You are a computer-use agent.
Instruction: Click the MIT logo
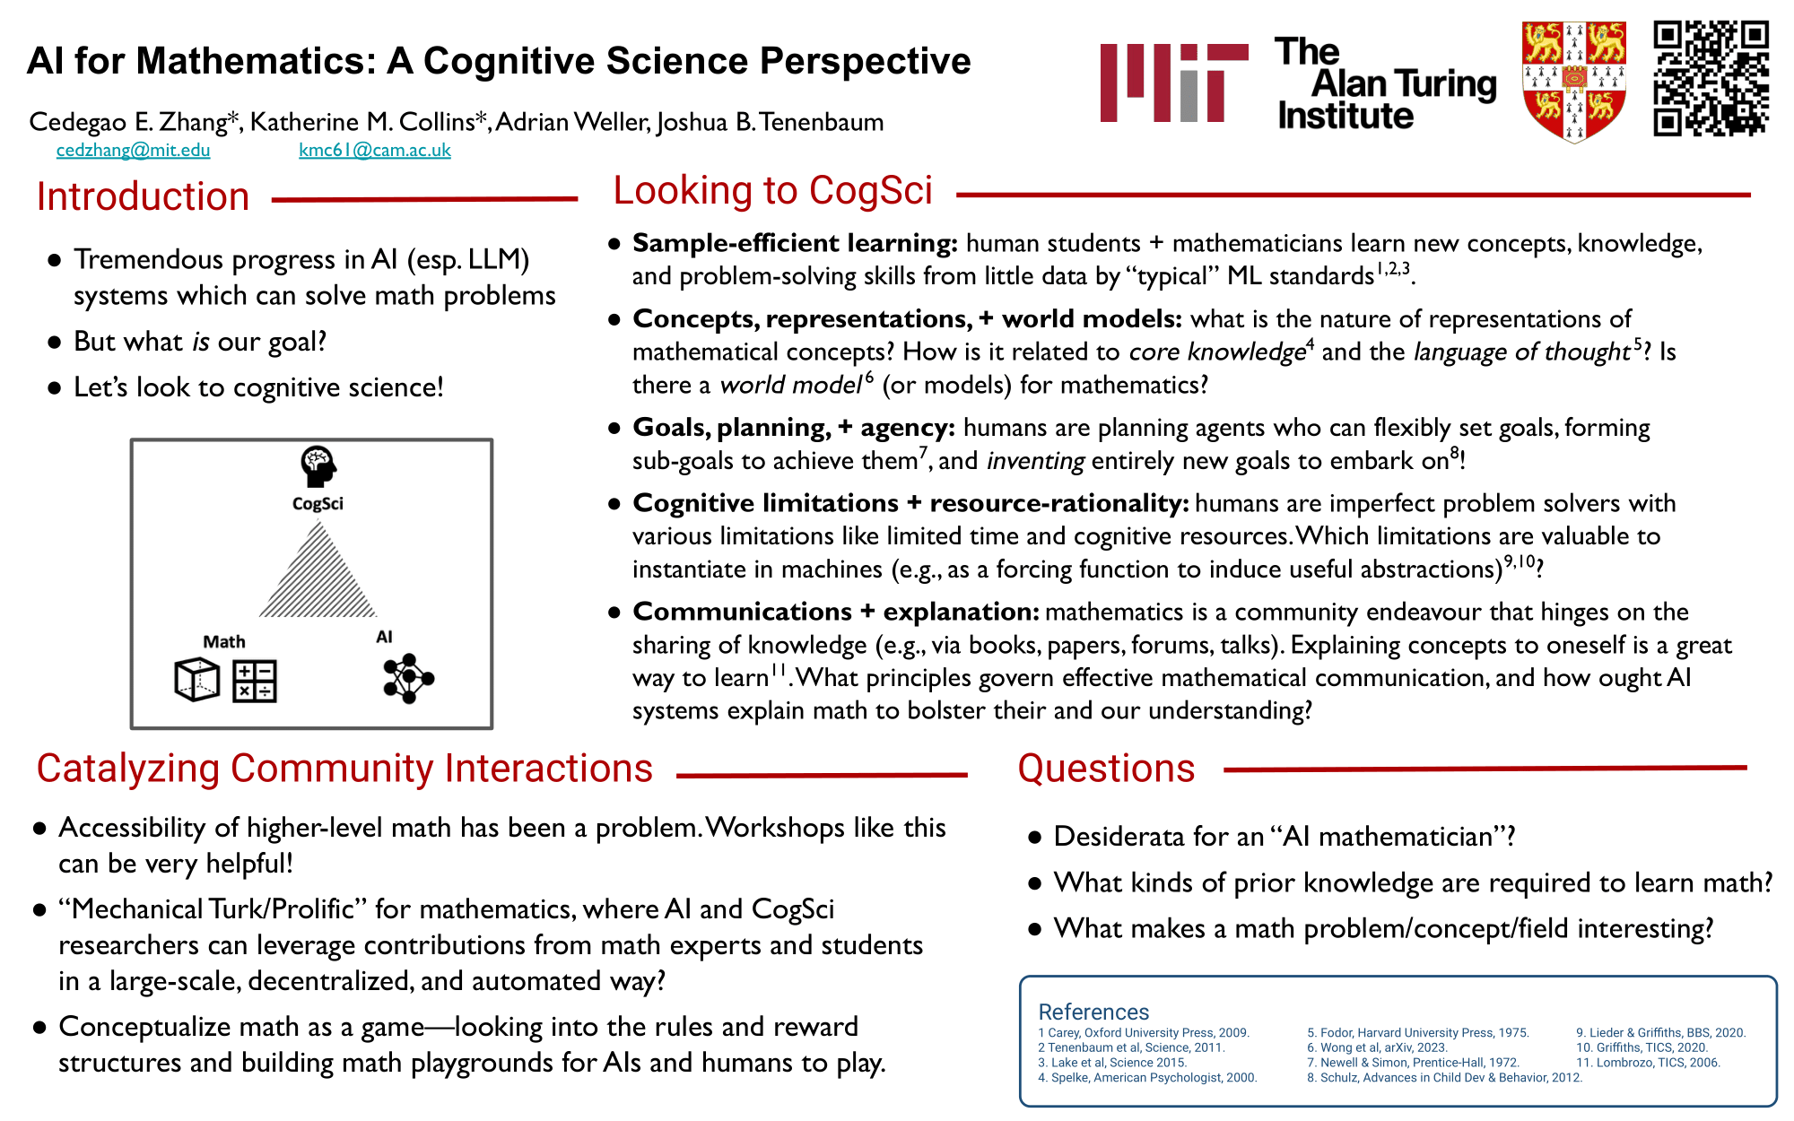click(x=1173, y=83)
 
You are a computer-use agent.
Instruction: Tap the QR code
click(x=1711, y=78)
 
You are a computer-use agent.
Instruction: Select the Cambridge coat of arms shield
click(x=1574, y=82)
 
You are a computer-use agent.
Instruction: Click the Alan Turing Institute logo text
click(x=1385, y=83)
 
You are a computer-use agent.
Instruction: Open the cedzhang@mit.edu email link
click(x=133, y=150)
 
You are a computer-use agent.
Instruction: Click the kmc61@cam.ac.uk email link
click(x=375, y=150)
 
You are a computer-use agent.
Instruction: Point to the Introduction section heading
click(x=143, y=196)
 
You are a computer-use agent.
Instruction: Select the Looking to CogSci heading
click(x=772, y=190)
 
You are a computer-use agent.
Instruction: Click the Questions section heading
click(x=1106, y=769)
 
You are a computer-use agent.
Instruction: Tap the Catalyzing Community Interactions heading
click(x=344, y=769)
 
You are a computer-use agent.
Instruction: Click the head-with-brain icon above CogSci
click(x=318, y=465)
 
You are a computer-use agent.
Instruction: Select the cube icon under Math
click(x=196, y=680)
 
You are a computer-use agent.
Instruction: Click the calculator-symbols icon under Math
click(x=255, y=681)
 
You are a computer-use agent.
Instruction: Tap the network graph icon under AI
click(x=408, y=678)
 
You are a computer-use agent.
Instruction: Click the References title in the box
click(x=1093, y=1012)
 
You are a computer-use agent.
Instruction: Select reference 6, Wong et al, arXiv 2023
click(x=1377, y=1047)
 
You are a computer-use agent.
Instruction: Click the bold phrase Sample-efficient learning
click(x=795, y=243)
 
